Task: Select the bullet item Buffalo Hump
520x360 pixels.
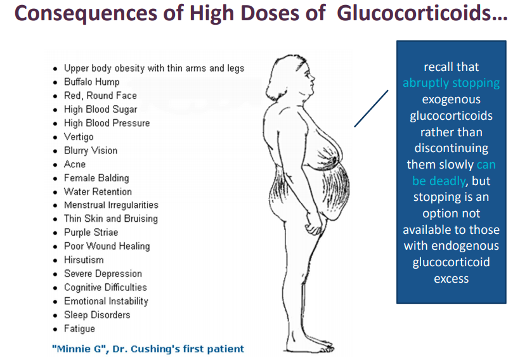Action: point(91,82)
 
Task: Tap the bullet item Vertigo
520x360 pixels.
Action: point(79,137)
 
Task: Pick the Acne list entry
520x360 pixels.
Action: point(75,164)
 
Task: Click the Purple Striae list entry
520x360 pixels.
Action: point(91,233)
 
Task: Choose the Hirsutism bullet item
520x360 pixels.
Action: point(84,260)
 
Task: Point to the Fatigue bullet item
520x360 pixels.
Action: point(79,328)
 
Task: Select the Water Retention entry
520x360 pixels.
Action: point(98,191)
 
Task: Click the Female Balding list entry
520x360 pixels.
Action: point(96,178)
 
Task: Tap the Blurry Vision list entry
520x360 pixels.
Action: point(91,151)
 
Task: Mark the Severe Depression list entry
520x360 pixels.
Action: point(103,274)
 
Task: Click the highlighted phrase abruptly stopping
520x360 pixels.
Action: point(451,83)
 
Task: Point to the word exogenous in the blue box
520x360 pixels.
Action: point(451,100)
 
